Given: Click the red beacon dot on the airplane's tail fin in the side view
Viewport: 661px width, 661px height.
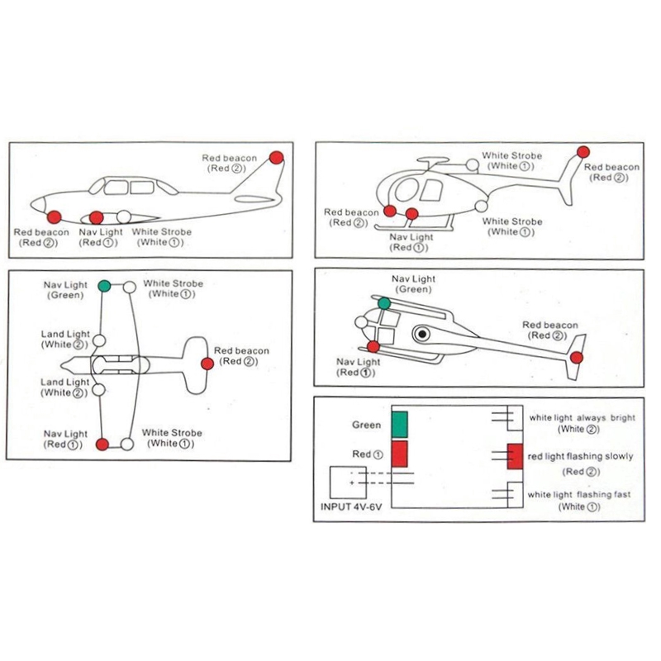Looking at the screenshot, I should (x=277, y=157).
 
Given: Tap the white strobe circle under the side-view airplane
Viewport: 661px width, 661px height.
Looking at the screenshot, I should (x=124, y=217).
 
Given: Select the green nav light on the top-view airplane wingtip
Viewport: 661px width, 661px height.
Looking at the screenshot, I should (x=104, y=286).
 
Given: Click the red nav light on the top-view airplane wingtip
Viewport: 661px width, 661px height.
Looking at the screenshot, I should (x=102, y=445).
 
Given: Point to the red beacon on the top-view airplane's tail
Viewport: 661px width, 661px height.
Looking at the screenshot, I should (x=207, y=364).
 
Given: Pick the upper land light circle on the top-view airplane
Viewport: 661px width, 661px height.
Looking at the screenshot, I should (x=99, y=340).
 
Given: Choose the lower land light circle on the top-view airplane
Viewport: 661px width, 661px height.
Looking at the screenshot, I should (x=99, y=388).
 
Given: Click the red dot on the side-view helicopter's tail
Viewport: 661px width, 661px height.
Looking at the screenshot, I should (x=583, y=151).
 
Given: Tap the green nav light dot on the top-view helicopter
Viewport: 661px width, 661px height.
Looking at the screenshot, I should (x=384, y=303).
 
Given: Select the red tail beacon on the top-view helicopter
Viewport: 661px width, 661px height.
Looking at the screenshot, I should (x=577, y=357).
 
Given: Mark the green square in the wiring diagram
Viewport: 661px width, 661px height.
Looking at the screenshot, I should (x=400, y=424).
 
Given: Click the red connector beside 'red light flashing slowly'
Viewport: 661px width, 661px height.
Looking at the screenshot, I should (x=514, y=455).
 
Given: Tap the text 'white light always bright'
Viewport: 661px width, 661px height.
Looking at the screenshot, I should (x=583, y=418).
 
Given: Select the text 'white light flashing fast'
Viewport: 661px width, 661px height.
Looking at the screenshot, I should (x=579, y=494).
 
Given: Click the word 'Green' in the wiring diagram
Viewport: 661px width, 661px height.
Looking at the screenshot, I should (x=366, y=426).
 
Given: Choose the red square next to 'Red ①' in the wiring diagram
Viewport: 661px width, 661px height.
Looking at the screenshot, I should (x=400, y=454).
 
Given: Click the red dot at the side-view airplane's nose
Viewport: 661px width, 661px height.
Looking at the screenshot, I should (x=55, y=216).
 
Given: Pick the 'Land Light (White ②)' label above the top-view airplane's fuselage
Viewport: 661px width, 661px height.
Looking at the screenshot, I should (x=66, y=340).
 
